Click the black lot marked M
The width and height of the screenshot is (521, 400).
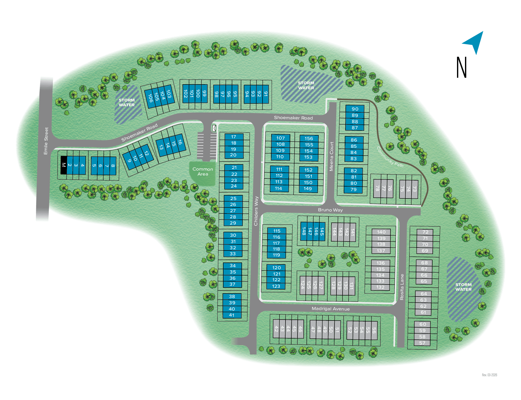(64, 165)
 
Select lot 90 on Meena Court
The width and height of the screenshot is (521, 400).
(355, 109)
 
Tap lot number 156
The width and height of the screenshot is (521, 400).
(309, 138)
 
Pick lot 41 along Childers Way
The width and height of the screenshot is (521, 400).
(232, 315)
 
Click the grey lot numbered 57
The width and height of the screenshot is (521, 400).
(422, 343)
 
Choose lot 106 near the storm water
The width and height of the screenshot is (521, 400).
(150, 98)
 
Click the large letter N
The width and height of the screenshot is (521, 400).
(461, 67)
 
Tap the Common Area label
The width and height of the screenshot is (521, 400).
(203, 171)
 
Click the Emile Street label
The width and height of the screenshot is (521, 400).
(46, 141)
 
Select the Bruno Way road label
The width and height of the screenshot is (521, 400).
(330, 210)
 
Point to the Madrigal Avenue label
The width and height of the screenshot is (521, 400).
(330, 309)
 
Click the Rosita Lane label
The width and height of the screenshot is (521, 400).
(402, 287)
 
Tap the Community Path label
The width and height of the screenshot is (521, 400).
(390, 157)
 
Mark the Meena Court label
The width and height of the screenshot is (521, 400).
(331, 156)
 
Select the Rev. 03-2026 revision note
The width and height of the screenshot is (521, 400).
(489, 375)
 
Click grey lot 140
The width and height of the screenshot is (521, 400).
(381, 232)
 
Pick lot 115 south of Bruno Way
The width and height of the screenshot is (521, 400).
(277, 231)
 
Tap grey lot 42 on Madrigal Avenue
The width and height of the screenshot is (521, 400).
(276, 329)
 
